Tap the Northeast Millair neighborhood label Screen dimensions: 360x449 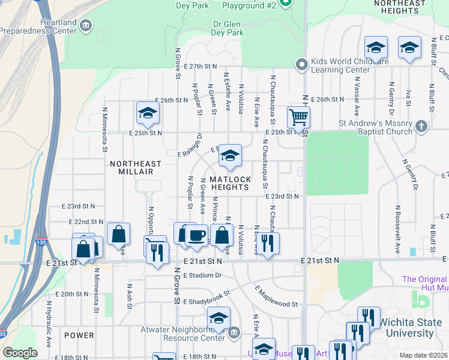point(136,167)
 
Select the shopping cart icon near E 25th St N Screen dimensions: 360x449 point(298,117)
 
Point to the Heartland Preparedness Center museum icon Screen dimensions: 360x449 point(86,25)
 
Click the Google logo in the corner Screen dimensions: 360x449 point(20,353)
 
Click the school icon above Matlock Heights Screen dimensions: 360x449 point(229,155)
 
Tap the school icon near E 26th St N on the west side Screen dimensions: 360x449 point(147,112)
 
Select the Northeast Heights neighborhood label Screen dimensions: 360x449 point(404,7)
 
